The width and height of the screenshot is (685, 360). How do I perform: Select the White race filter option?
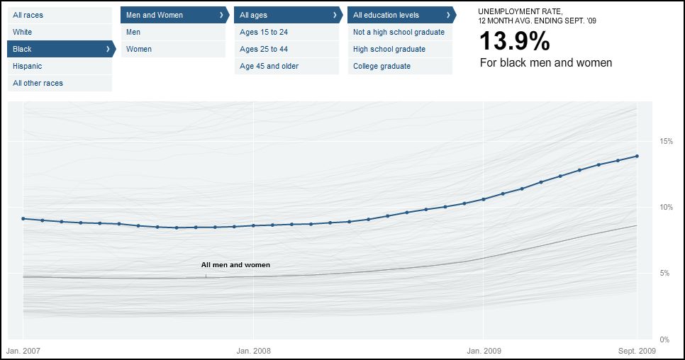[23, 32]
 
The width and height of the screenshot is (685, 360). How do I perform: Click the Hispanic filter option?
[28, 66]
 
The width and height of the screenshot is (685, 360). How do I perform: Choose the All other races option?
[38, 83]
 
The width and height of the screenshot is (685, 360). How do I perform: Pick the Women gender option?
[139, 49]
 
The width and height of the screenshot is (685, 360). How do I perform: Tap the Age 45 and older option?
[269, 66]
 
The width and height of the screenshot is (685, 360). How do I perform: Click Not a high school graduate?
[399, 32]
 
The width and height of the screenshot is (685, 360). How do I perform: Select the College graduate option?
[382, 66]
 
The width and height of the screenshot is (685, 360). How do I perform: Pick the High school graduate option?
[389, 49]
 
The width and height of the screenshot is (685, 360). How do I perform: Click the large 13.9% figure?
[515, 42]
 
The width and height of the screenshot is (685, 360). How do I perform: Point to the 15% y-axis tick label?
[666, 141]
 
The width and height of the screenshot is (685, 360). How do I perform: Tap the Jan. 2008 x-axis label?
[253, 350]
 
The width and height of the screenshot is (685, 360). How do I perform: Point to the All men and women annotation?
[235, 264]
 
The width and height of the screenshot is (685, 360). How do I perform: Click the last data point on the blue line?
[637, 156]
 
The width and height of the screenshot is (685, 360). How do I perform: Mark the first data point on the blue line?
[23, 218]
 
